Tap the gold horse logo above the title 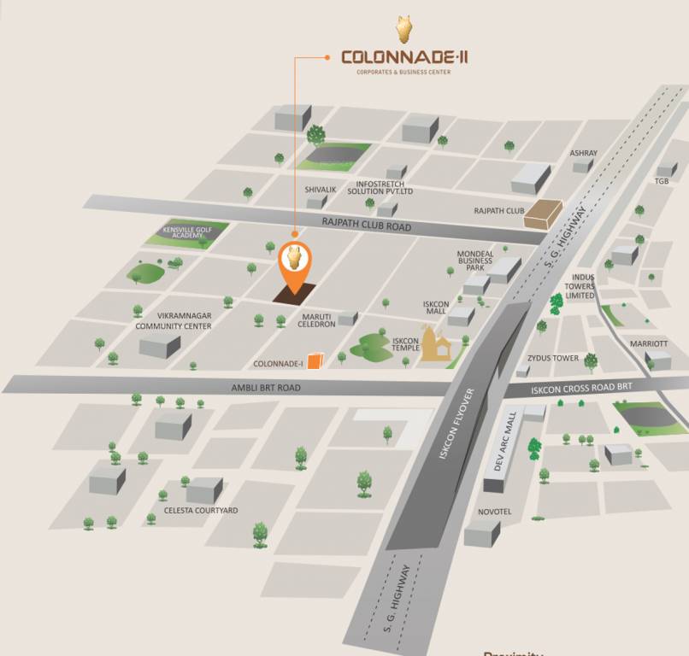click(x=404, y=28)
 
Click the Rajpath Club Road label click(x=367, y=225)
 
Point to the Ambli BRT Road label click(x=266, y=387)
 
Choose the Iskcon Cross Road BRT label click(x=582, y=387)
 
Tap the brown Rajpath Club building click(x=543, y=214)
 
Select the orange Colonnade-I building click(x=316, y=361)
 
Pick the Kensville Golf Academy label click(x=185, y=232)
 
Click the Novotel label click(x=494, y=512)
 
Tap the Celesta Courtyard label click(x=201, y=511)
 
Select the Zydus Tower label click(x=553, y=359)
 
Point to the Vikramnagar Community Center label click(x=173, y=320)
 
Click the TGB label click(x=662, y=181)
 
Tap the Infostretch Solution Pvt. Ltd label click(x=380, y=186)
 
